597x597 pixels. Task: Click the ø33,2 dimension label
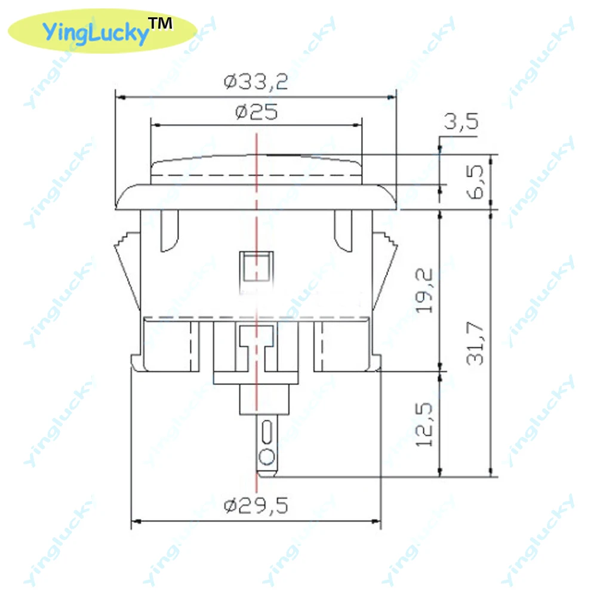click(x=256, y=81)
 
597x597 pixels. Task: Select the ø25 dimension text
click(x=257, y=112)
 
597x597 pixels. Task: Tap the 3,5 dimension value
click(x=461, y=122)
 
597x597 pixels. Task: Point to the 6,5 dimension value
click(x=475, y=182)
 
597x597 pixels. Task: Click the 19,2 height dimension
click(x=424, y=291)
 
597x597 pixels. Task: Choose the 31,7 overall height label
click(x=475, y=343)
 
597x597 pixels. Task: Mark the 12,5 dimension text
click(x=424, y=424)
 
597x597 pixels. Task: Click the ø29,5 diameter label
click(x=256, y=506)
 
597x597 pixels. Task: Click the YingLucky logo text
click(x=95, y=32)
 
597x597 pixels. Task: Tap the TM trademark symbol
click(x=160, y=24)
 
